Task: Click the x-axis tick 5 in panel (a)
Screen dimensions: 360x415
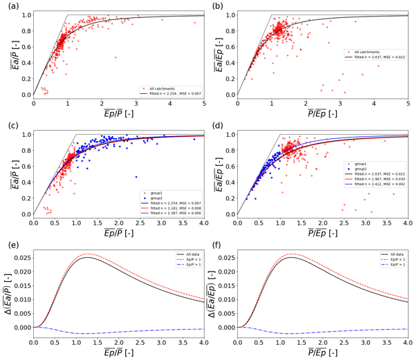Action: [205, 103]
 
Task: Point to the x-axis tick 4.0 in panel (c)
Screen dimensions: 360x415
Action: [204, 222]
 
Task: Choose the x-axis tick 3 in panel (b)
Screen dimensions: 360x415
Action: [340, 103]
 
